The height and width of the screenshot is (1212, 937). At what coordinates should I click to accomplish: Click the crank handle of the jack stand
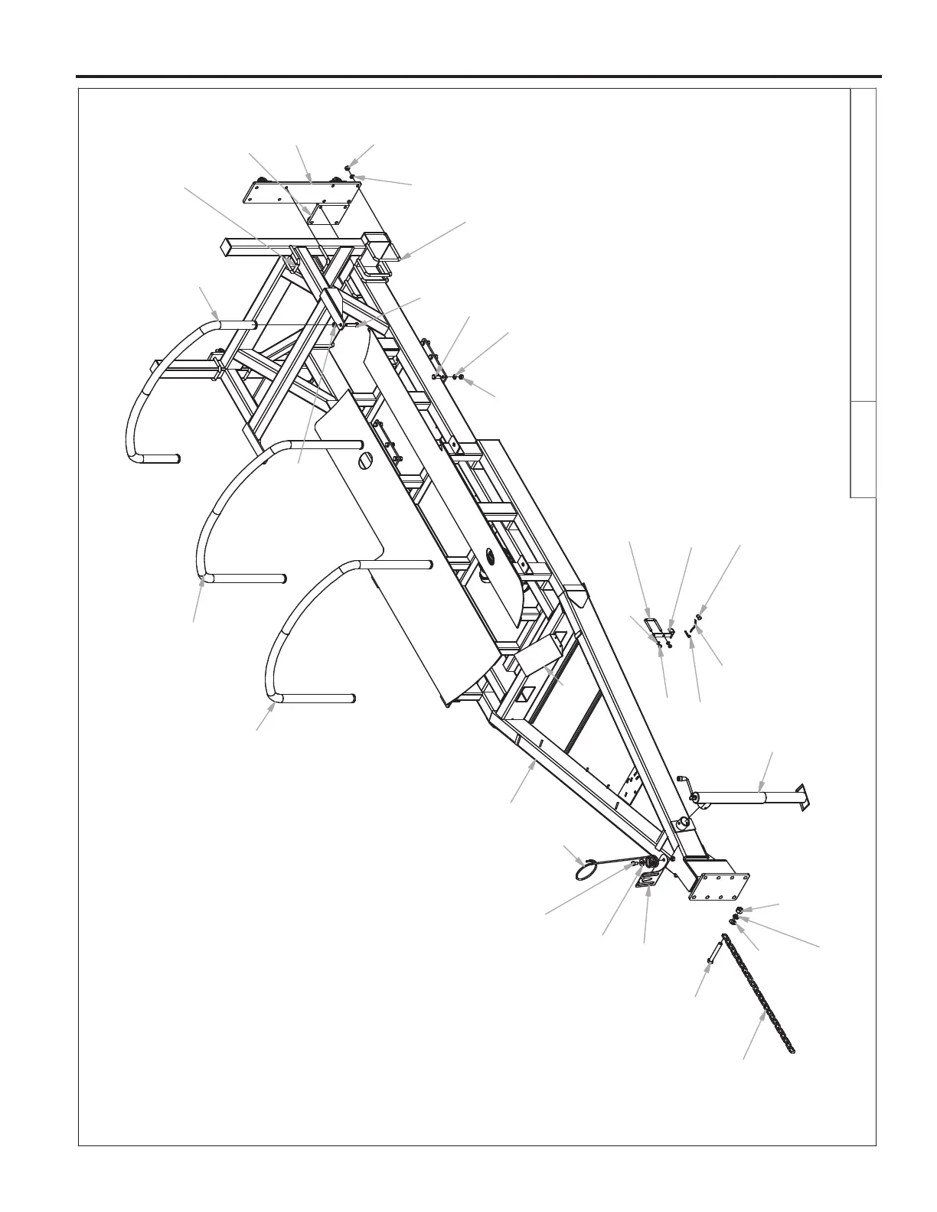pyautogui.click(x=684, y=784)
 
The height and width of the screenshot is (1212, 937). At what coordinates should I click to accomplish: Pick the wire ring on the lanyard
pyautogui.click(x=586, y=870)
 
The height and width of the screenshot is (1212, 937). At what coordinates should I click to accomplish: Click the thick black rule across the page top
pyautogui.click(x=478, y=77)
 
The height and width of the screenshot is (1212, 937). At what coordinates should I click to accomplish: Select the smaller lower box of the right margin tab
pyautogui.click(x=863, y=449)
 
